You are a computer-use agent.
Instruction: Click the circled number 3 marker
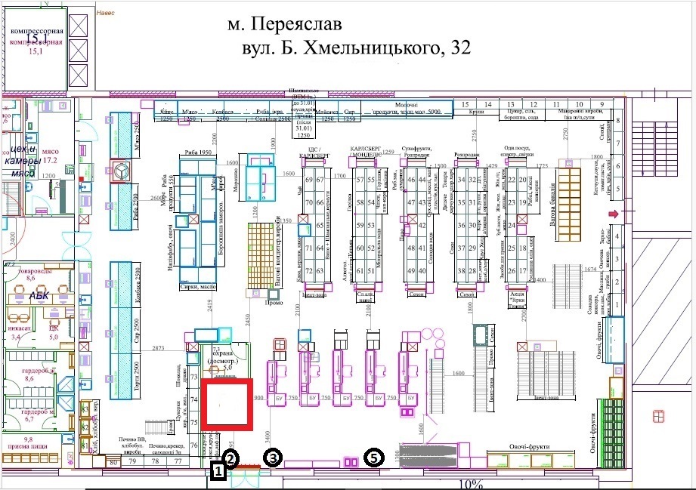(x=272, y=458)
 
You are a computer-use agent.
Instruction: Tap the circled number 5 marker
(x=374, y=458)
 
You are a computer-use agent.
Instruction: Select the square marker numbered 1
(x=218, y=473)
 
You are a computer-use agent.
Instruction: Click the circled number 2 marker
(x=230, y=458)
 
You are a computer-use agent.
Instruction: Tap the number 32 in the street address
(x=457, y=48)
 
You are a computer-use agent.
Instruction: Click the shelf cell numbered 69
(x=308, y=180)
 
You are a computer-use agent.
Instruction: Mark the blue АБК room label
(x=39, y=296)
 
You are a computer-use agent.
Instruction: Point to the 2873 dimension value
(x=158, y=348)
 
